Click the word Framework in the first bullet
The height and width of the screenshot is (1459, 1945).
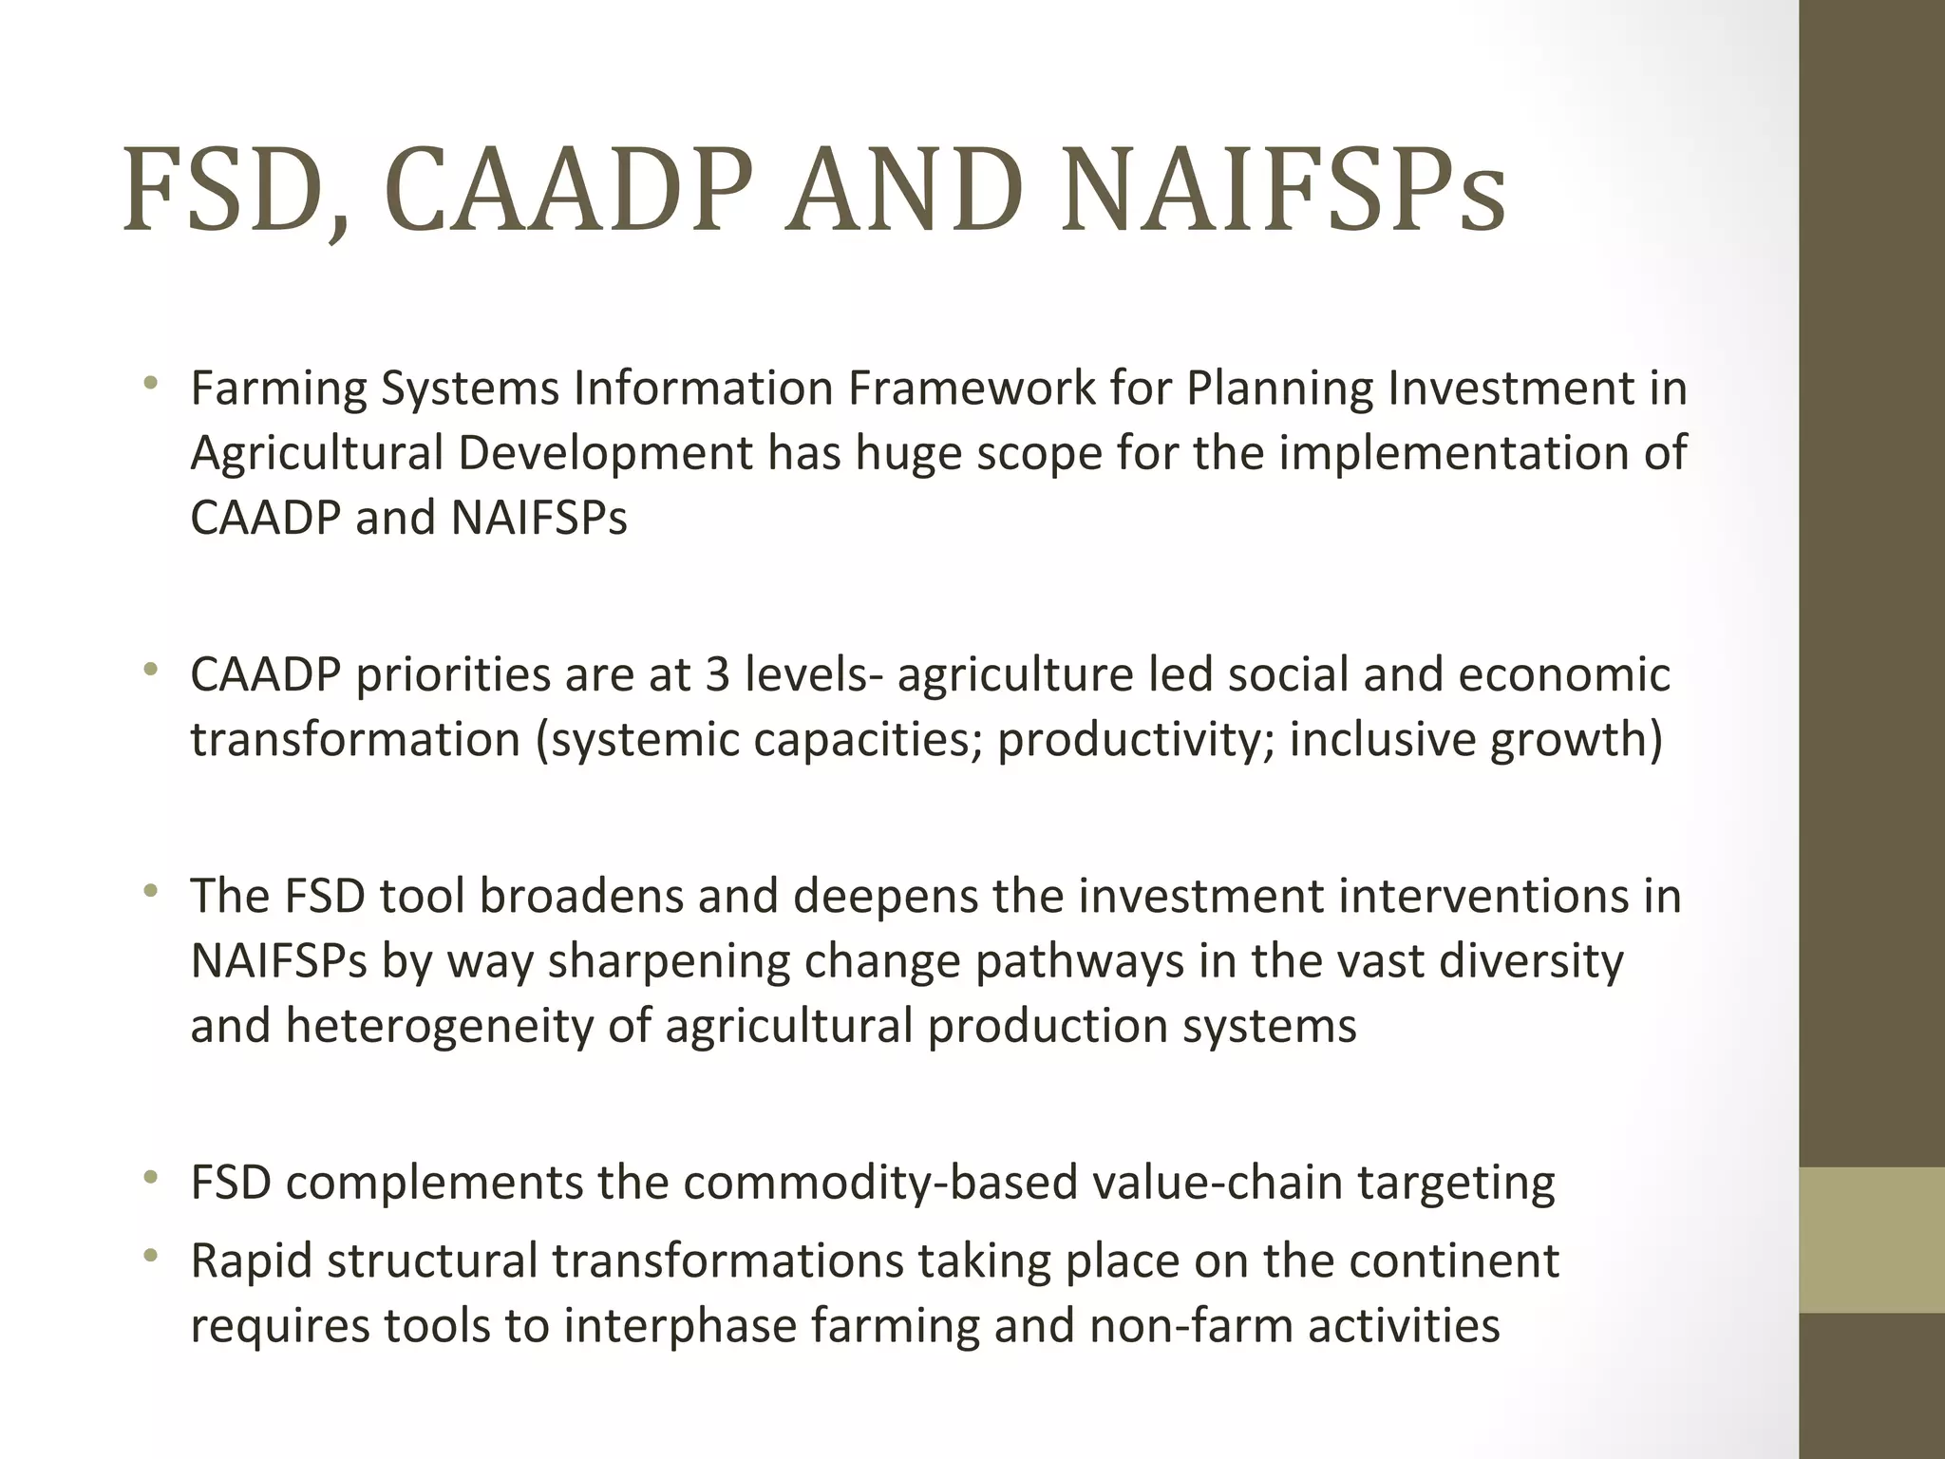971,388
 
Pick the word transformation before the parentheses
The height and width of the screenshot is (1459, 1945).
354,740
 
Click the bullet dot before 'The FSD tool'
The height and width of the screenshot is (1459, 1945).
149,892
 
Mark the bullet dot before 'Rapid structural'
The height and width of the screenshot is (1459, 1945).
149,1257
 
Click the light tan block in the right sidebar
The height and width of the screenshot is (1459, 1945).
1871,1240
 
